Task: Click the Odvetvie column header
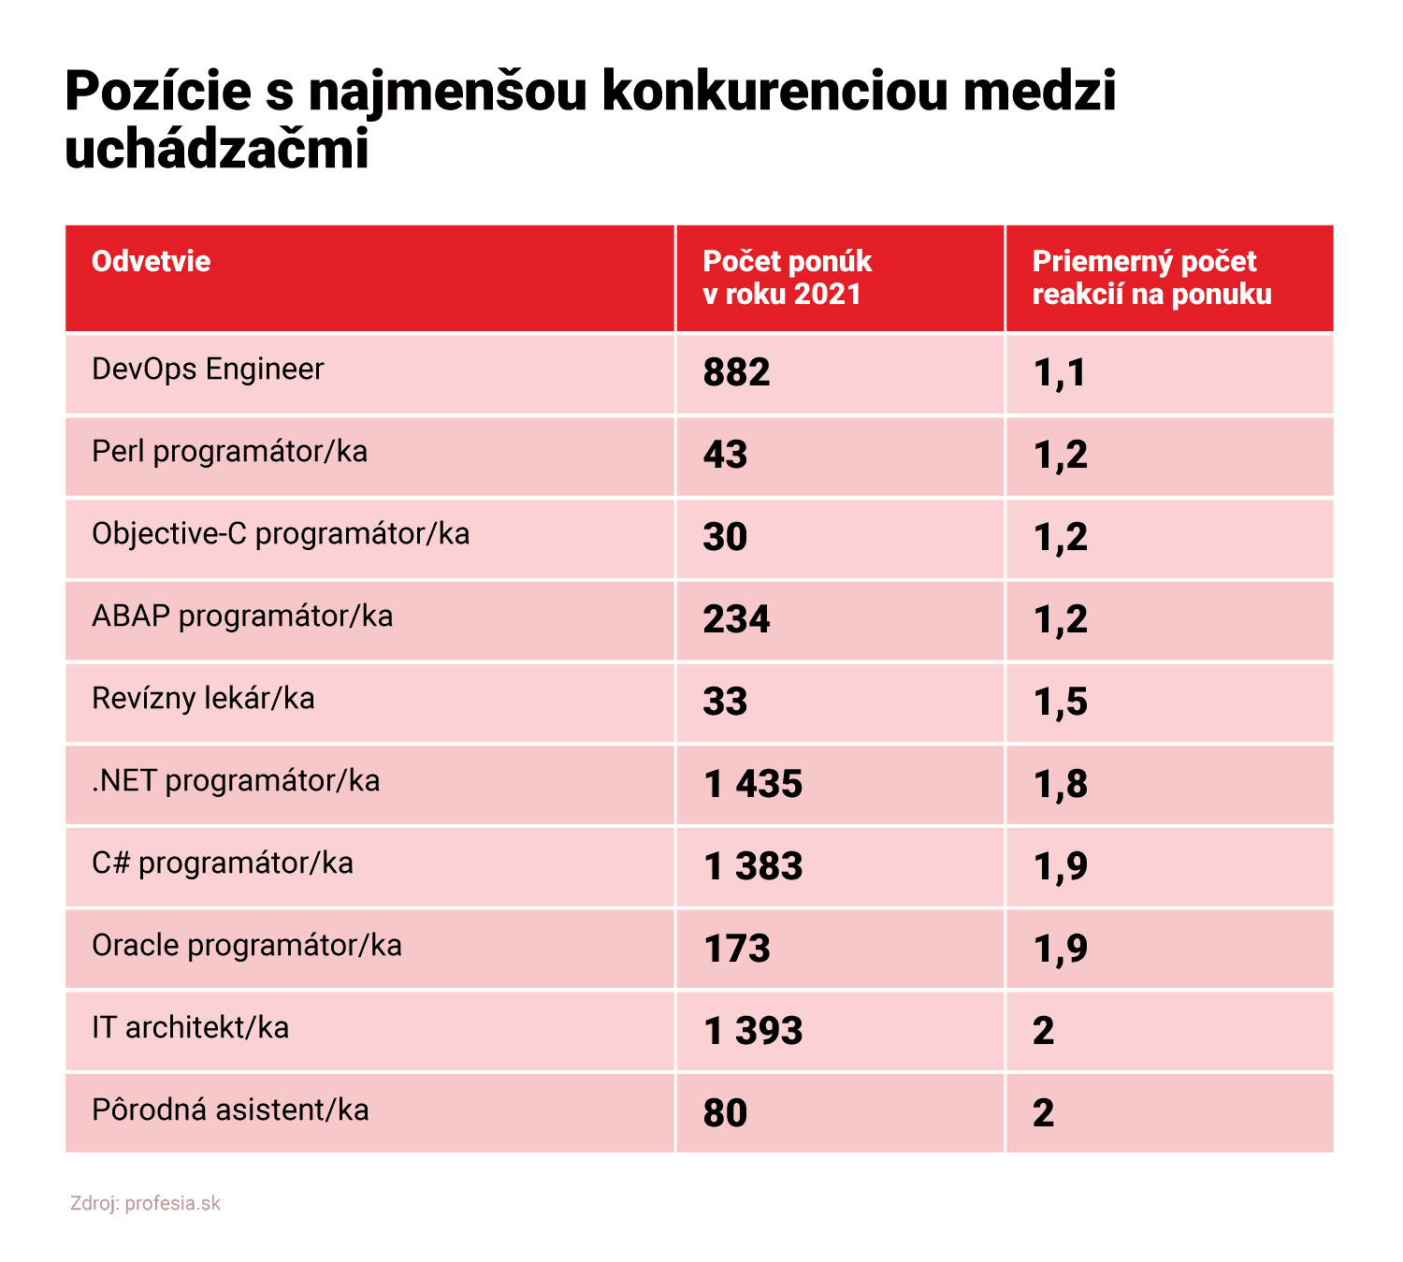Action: pos(151,261)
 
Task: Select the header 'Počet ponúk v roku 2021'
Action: pos(787,278)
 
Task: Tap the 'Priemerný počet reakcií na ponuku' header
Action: pos(1151,278)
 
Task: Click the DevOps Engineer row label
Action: pos(208,370)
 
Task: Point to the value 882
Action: pos(736,372)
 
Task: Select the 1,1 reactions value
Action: pos(1059,372)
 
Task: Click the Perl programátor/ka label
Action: pos(229,452)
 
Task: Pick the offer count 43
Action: pos(725,455)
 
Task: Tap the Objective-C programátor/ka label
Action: pos(281,534)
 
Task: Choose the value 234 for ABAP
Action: pos(736,619)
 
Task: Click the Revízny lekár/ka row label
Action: pos(203,699)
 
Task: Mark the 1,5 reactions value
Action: pos(1060,702)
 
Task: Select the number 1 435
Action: pos(753,784)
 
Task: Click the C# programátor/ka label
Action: pos(223,863)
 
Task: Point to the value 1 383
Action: pos(753,866)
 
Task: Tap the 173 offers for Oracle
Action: pos(736,949)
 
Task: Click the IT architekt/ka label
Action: pos(190,1028)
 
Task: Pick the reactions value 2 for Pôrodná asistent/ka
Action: pos(1043,1113)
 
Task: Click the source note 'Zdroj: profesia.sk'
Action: pos(145,1203)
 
